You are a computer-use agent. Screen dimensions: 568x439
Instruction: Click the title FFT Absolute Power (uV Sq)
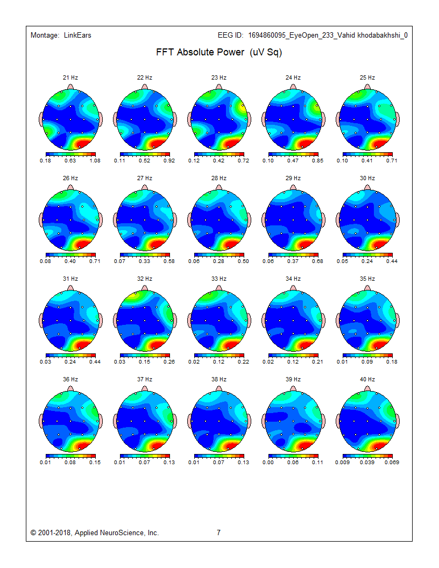click(219, 53)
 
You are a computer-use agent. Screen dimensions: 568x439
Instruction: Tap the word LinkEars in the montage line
click(77, 35)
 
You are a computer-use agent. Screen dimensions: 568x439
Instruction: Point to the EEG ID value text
click(328, 35)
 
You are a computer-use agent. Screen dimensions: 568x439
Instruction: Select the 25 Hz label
click(367, 78)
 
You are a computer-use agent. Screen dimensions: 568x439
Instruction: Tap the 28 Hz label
click(219, 178)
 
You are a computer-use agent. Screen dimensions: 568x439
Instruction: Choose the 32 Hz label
click(145, 279)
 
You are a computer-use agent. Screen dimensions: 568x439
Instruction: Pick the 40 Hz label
click(367, 379)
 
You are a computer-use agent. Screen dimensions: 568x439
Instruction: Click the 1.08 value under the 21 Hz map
click(95, 160)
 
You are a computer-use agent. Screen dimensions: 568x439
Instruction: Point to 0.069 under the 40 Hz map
click(392, 462)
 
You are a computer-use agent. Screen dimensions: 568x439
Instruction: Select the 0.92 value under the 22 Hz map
click(169, 160)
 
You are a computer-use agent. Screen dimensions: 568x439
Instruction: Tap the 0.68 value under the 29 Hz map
click(318, 261)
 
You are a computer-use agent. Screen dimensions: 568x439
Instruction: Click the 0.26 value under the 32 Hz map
click(169, 361)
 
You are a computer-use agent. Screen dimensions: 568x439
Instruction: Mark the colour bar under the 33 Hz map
click(219, 355)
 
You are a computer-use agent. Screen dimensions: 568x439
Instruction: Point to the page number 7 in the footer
click(218, 532)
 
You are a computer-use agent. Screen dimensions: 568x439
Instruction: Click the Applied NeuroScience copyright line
click(95, 532)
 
